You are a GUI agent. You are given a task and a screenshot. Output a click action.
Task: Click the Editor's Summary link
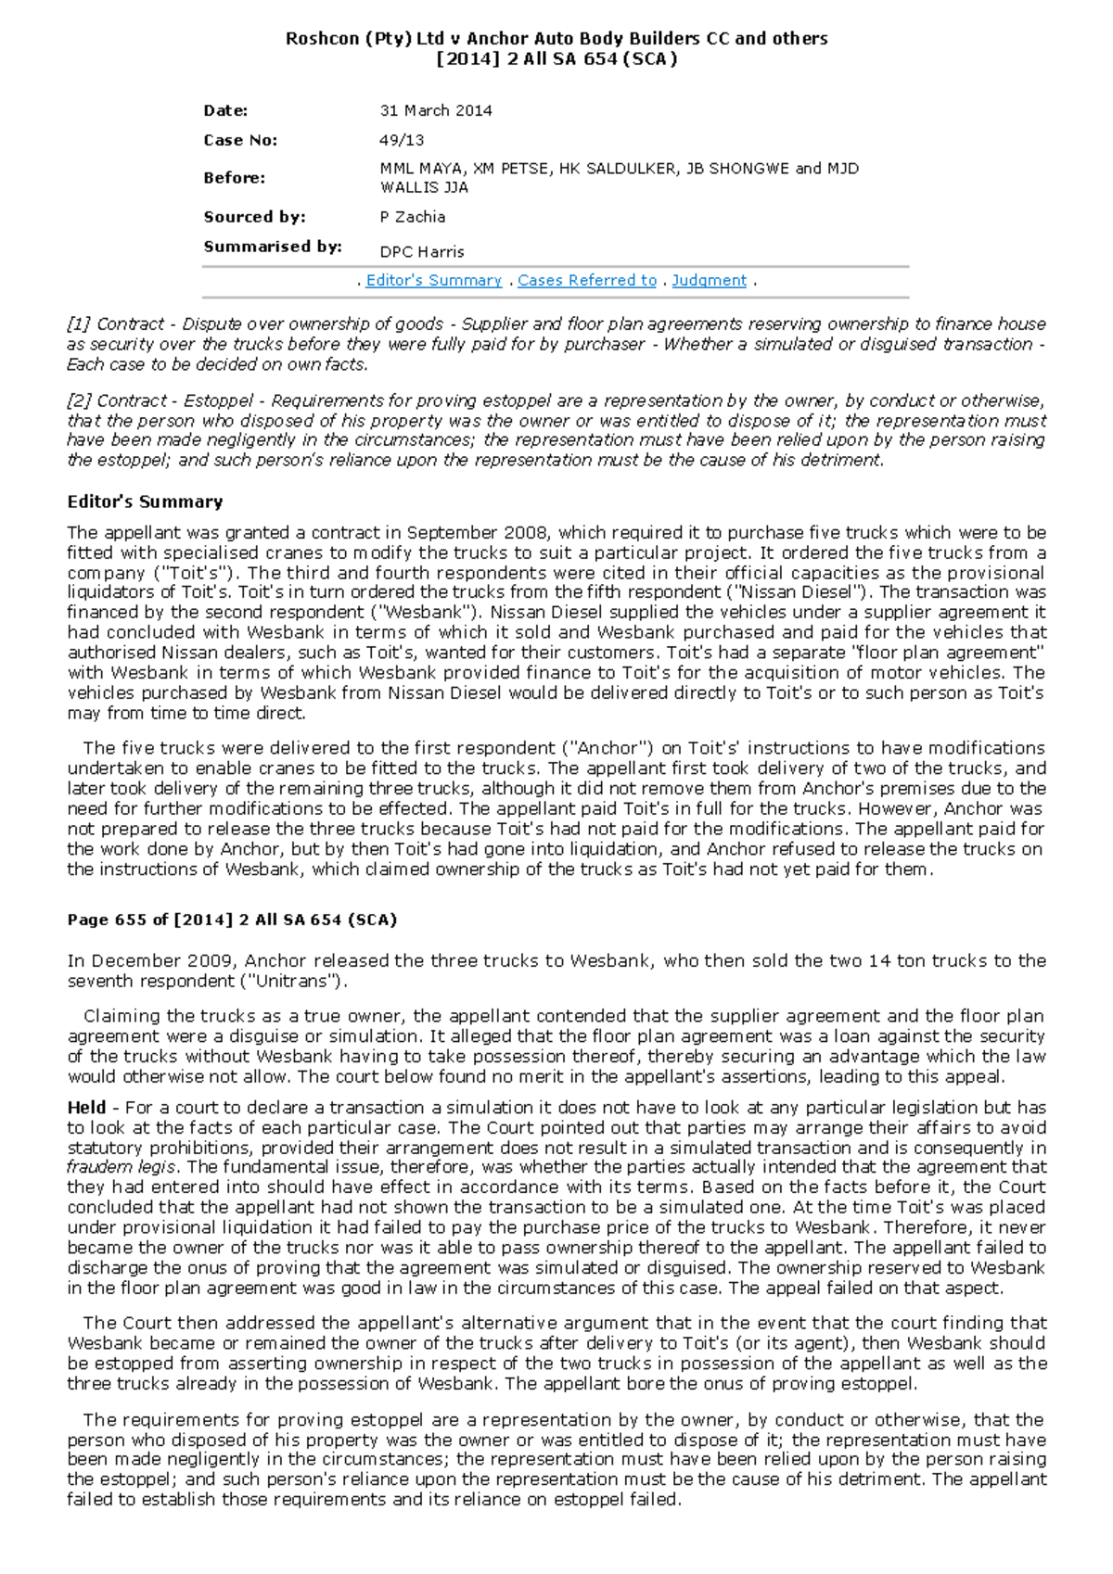click(x=433, y=280)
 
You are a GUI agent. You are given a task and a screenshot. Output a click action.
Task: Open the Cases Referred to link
click(x=586, y=280)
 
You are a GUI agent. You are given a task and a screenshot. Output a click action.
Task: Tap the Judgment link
click(x=709, y=280)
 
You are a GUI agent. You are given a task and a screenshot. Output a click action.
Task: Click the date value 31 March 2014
click(x=435, y=110)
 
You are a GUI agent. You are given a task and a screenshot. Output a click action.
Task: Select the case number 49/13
click(x=402, y=140)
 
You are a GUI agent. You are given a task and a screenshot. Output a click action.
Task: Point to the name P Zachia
click(x=412, y=217)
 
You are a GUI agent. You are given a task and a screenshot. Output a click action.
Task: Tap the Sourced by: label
click(x=254, y=217)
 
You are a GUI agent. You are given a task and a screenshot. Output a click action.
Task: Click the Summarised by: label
click(x=273, y=247)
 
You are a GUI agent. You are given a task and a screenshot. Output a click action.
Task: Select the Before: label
click(x=234, y=177)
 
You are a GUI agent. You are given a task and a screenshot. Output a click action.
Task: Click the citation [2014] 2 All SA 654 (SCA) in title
click(x=556, y=59)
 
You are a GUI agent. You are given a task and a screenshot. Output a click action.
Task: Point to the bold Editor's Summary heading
click(x=145, y=501)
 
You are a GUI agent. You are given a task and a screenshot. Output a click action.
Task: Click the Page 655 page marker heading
click(x=232, y=920)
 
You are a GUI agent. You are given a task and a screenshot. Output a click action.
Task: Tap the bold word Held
click(x=86, y=1107)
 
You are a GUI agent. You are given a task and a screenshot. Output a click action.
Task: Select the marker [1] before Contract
click(x=79, y=324)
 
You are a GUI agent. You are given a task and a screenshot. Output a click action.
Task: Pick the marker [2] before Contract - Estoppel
click(x=79, y=400)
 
